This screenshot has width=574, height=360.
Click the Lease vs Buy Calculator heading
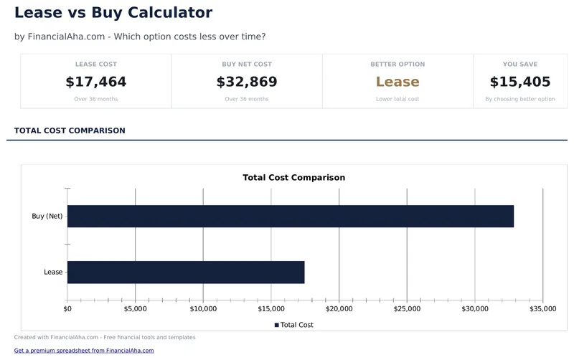[x=113, y=13]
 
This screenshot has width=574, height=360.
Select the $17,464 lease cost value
[x=96, y=82]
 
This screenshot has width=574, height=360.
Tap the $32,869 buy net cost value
[x=247, y=82]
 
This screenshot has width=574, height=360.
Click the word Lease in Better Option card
[x=397, y=82]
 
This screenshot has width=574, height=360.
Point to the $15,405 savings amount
[x=519, y=82]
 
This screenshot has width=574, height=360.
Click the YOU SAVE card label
[x=519, y=65]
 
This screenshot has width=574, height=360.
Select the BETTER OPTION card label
[x=397, y=65]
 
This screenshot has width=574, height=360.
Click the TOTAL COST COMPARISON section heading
[x=70, y=131]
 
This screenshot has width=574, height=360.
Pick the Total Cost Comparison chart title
[x=293, y=177]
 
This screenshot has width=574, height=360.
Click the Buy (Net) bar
[x=291, y=216]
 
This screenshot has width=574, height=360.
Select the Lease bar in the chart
[x=186, y=272]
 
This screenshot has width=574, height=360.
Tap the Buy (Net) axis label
[x=47, y=216]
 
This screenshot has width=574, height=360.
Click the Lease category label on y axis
[x=53, y=272]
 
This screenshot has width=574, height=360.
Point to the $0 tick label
[x=67, y=309]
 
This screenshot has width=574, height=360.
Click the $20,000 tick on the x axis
[x=339, y=309]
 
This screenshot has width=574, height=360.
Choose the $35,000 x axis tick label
[x=542, y=309]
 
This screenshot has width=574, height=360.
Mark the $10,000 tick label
[x=203, y=309]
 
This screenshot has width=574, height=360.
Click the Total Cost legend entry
[x=294, y=325]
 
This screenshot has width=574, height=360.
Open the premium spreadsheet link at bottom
[x=84, y=351]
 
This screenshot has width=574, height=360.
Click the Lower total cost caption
[x=397, y=99]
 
